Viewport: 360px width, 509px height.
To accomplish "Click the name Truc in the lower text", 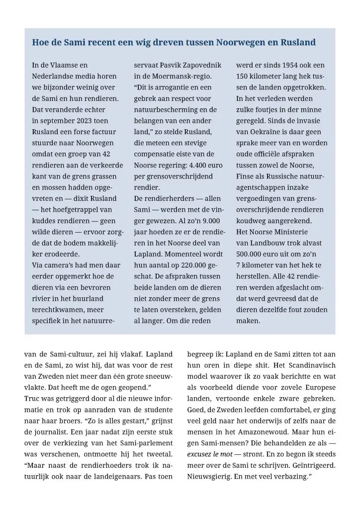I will click(x=32, y=399).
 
